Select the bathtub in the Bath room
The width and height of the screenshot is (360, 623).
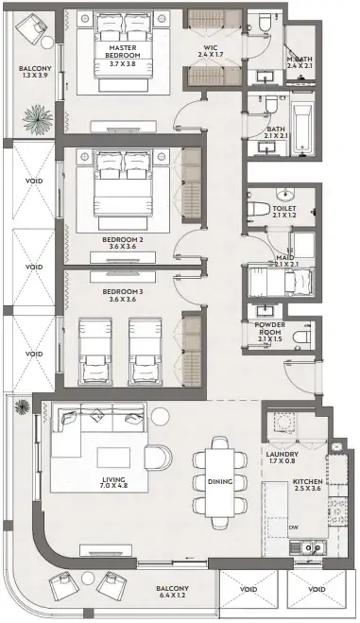click(x=302, y=130)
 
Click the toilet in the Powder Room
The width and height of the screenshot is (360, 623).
click(x=301, y=337)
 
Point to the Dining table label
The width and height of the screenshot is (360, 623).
click(x=220, y=481)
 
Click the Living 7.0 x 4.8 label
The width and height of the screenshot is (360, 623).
click(x=113, y=482)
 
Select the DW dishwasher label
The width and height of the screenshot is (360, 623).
click(x=294, y=528)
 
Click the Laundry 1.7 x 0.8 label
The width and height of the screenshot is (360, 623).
click(x=283, y=458)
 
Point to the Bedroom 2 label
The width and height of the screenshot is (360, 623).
click(x=123, y=243)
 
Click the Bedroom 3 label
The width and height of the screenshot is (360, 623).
click(x=123, y=295)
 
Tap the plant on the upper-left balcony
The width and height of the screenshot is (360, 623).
click(x=37, y=119)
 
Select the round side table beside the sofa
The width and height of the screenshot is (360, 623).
click(x=161, y=417)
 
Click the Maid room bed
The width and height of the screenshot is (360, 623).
click(x=280, y=282)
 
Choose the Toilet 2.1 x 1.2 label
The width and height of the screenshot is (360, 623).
click(x=284, y=212)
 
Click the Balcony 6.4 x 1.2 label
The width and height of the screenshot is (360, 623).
click(x=172, y=592)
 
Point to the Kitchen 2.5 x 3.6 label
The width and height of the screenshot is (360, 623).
click(x=307, y=485)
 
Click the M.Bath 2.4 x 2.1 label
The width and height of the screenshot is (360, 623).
click(x=300, y=62)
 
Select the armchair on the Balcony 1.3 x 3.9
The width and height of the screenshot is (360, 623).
click(x=32, y=27)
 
